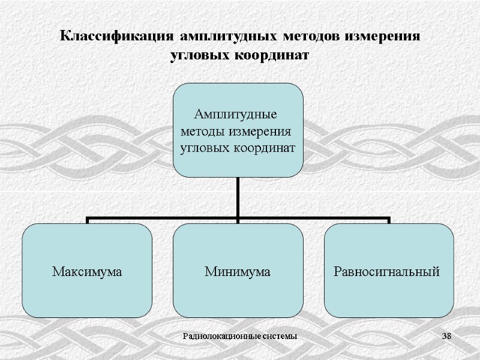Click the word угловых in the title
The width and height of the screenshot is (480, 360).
click(x=200, y=55)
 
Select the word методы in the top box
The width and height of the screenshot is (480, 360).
click(x=203, y=131)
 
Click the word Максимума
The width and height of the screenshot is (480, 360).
click(x=88, y=272)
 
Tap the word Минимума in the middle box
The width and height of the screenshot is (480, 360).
click(x=238, y=272)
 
